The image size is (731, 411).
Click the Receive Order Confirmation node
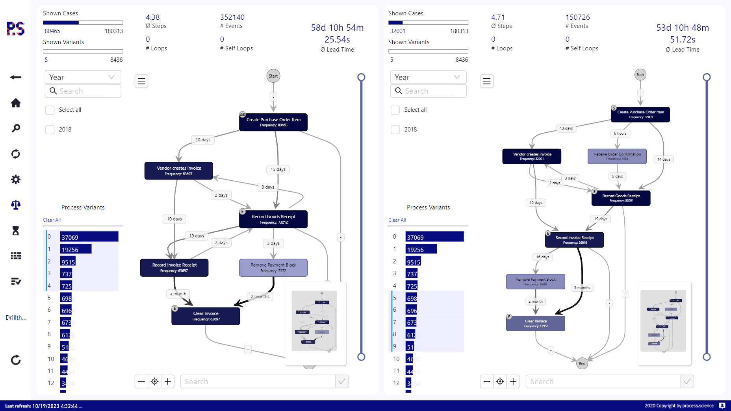click(x=617, y=156)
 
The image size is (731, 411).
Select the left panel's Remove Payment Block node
click(x=273, y=268)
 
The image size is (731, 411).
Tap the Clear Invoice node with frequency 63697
click(x=206, y=316)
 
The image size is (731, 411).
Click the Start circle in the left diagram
click(x=273, y=76)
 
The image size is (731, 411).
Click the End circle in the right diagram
click(x=582, y=363)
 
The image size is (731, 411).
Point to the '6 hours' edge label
click(x=620, y=133)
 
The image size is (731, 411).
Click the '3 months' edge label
click(x=582, y=288)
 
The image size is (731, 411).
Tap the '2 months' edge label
click(x=260, y=296)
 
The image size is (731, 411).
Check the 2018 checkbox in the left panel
click(x=50, y=130)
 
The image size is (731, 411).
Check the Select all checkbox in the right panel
click(x=395, y=110)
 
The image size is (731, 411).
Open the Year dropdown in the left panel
click(x=83, y=77)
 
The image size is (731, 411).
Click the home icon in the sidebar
click(x=16, y=103)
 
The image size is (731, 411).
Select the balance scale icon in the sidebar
click(x=16, y=205)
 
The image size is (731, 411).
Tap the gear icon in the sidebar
click(x=16, y=180)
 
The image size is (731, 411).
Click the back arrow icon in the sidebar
click(x=16, y=77)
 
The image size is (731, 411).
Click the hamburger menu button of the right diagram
click(x=487, y=81)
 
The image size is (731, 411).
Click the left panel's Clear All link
click(x=52, y=220)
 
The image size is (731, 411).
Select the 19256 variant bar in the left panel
click(x=76, y=249)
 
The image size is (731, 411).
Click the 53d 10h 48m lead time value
click(x=683, y=28)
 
